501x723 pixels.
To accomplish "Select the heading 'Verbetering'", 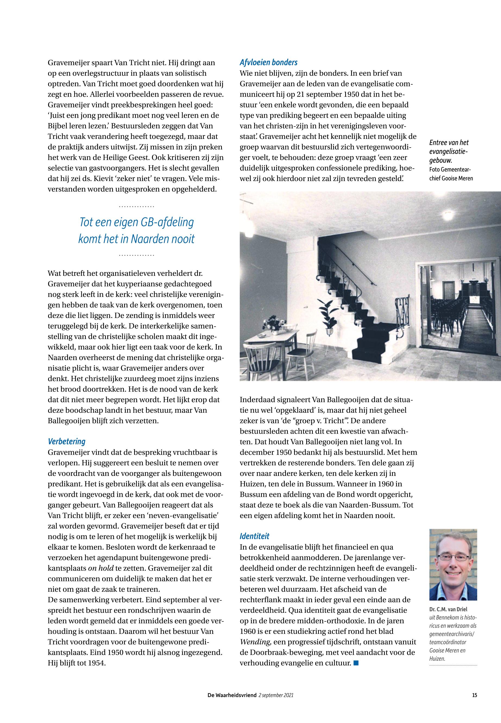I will tap(67, 441).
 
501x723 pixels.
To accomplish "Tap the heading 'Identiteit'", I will tap(255, 536).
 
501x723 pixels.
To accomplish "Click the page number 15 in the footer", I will tap(474, 695).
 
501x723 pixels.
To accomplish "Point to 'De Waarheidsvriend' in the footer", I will tap(232, 695).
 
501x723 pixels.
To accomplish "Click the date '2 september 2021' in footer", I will tap(276, 695).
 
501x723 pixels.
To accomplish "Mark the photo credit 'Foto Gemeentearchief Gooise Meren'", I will tap(451, 174).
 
